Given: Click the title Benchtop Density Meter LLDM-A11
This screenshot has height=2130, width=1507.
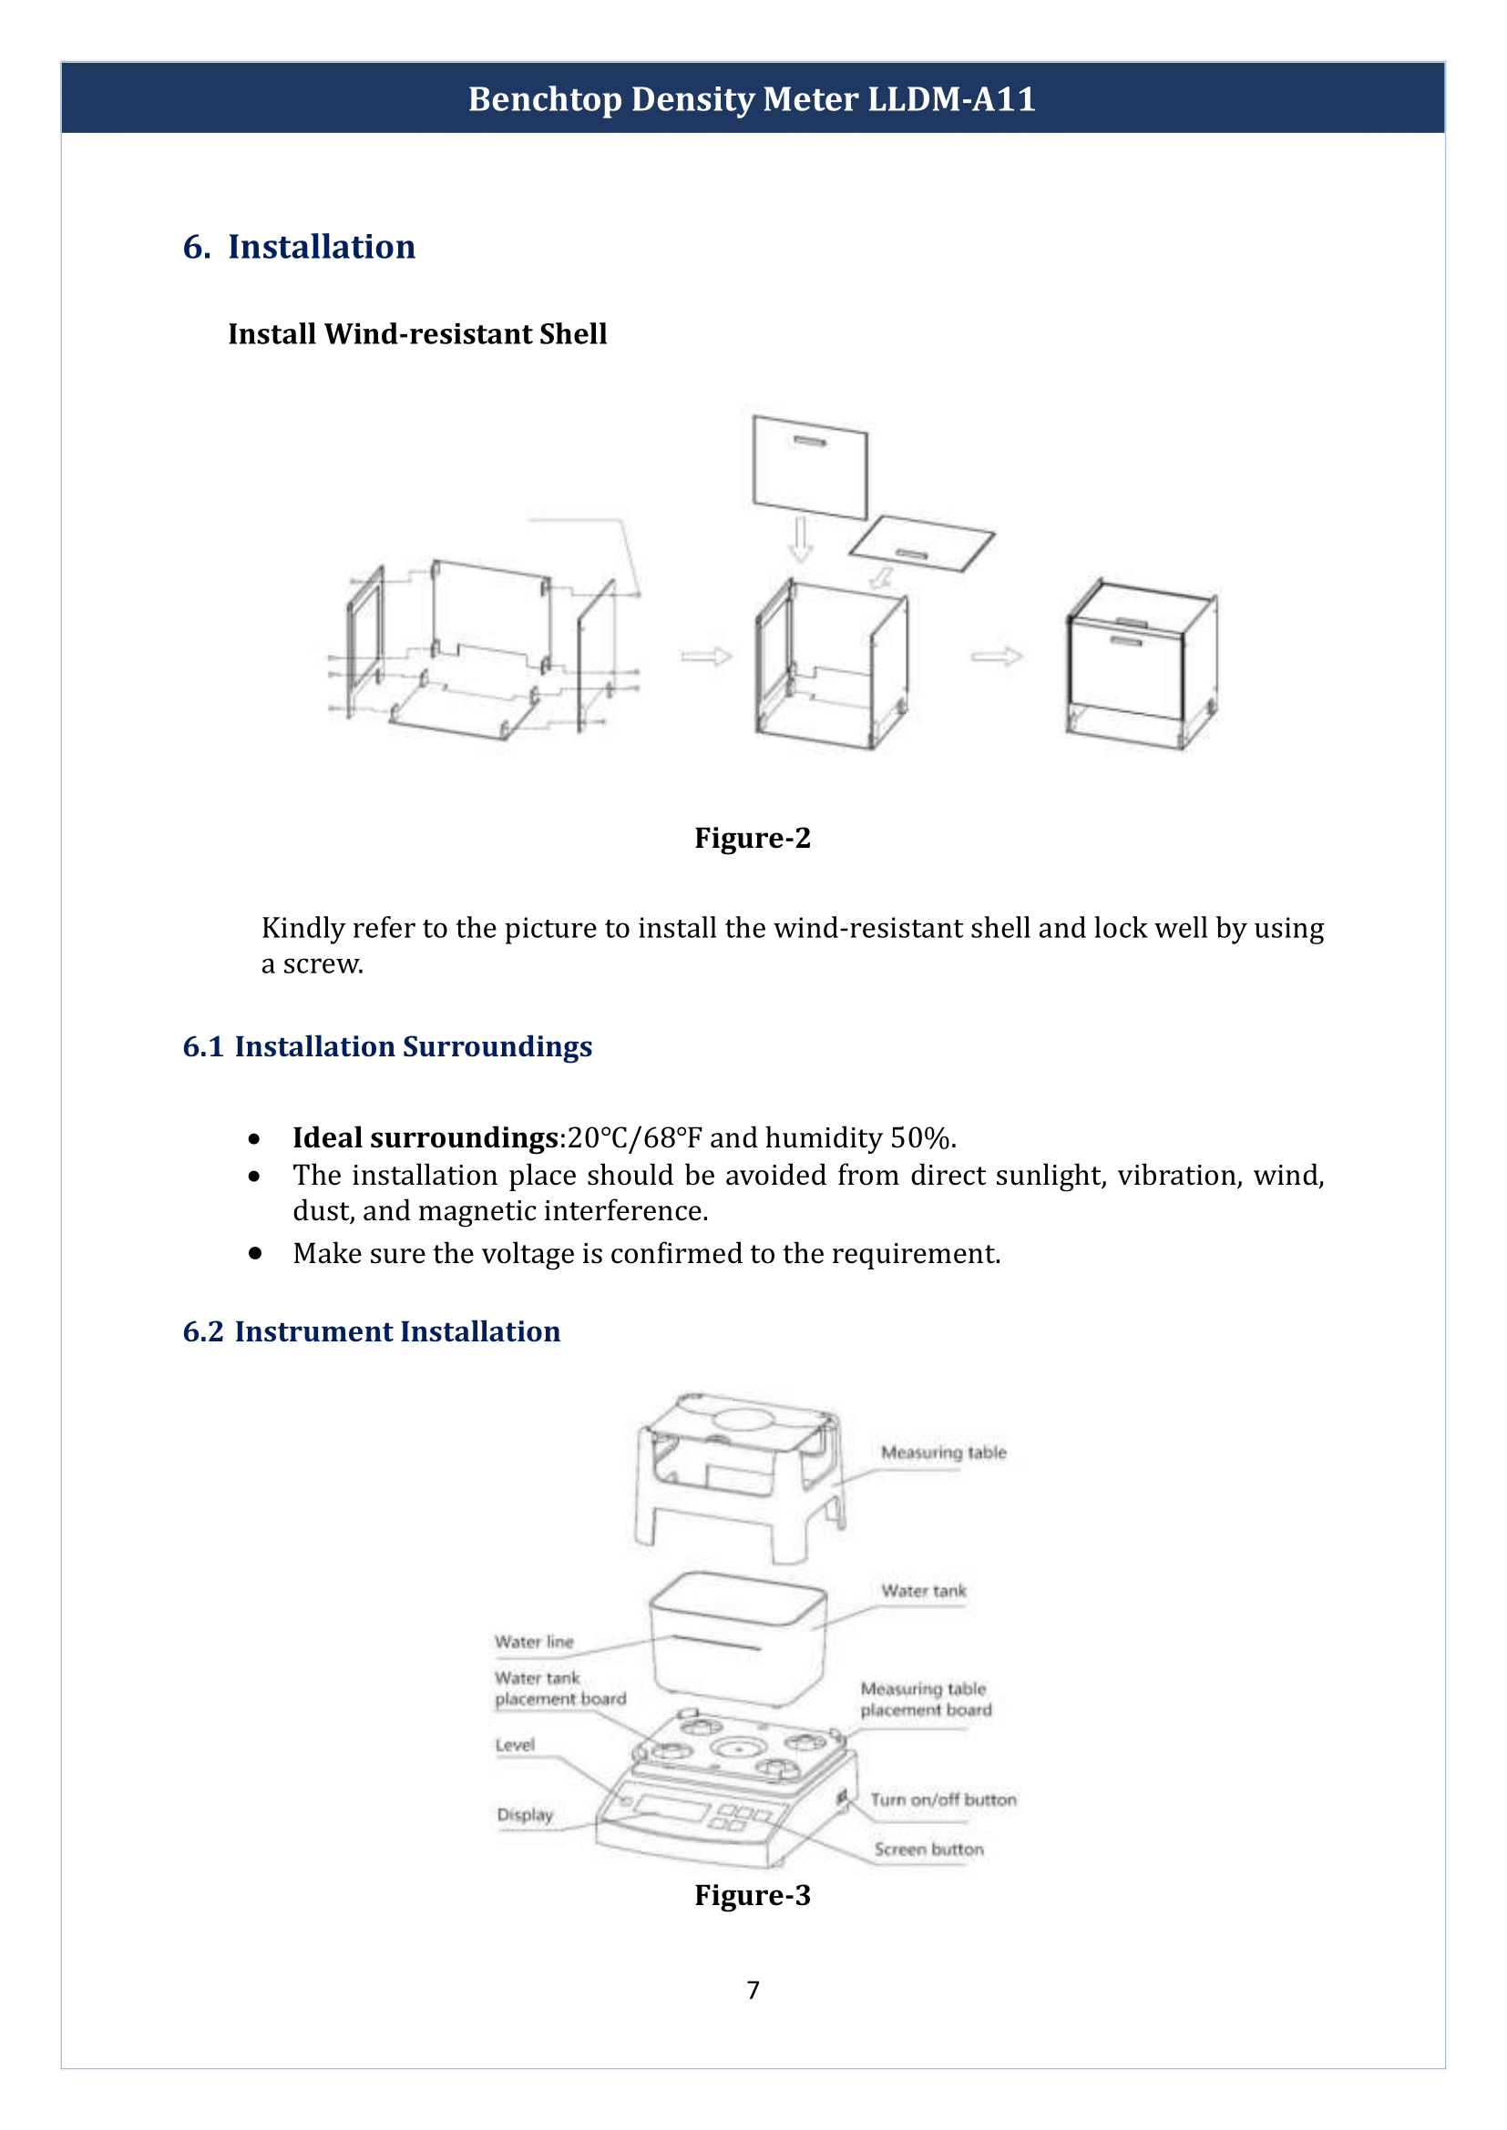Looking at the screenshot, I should click(752, 98).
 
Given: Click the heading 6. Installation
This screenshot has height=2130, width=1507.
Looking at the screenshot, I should click(299, 247).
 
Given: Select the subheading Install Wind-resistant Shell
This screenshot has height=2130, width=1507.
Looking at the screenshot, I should click(416, 334).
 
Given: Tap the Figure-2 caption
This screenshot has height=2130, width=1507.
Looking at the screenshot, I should click(752, 838).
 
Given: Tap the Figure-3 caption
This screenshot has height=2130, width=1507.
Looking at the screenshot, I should click(752, 1894).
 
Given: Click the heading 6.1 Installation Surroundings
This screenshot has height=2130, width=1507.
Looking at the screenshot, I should click(387, 1046).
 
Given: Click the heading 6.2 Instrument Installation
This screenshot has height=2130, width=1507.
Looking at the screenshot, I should click(371, 1331).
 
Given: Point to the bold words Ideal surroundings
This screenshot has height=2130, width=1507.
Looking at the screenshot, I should click(424, 1137).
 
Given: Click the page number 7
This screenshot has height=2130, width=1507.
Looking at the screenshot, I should click(753, 1990).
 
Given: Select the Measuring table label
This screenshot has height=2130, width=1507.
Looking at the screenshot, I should click(943, 1452).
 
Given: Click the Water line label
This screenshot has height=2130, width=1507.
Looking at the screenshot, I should click(534, 1642).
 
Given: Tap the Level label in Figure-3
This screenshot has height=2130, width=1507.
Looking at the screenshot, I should click(515, 1745).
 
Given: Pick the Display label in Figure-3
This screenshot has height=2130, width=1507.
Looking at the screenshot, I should click(524, 1815).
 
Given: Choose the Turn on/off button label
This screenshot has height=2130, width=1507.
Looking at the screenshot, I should click(943, 1799).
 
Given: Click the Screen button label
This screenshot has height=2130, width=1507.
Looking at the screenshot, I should click(928, 1849).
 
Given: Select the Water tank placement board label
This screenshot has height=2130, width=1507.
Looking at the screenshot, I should click(559, 1688).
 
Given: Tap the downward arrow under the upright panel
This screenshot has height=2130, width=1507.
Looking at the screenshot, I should click(799, 540).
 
